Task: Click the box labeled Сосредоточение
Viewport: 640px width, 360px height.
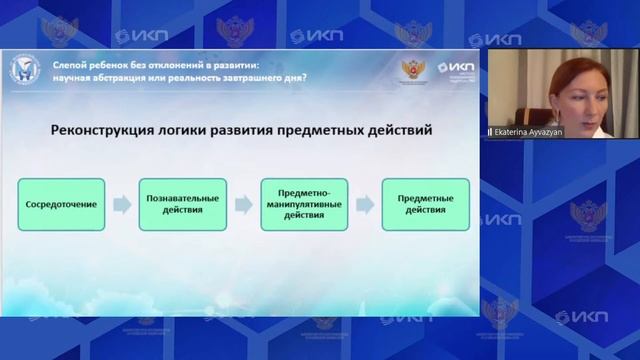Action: click(x=61, y=204)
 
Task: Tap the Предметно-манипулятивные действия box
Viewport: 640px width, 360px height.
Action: click(x=303, y=204)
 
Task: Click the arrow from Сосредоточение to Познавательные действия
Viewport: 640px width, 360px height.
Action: click(x=121, y=204)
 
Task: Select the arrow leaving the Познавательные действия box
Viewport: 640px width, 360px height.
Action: click(x=242, y=204)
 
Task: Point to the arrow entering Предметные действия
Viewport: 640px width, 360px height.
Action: click(x=365, y=204)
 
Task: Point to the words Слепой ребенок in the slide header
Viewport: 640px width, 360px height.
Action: click(x=87, y=63)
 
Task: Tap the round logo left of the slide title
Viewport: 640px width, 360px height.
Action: click(x=22, y=69)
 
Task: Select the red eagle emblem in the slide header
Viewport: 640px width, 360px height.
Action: click(x=413, y=70)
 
